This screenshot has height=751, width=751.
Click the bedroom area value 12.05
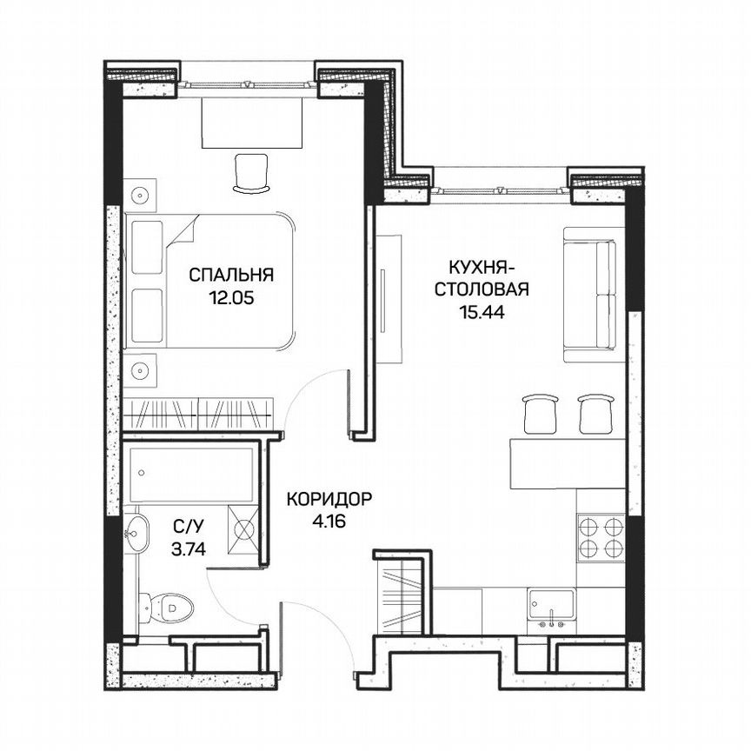pos(231,296)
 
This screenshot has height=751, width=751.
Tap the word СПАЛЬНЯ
pos(231,276)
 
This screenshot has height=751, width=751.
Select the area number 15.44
pos(482,309)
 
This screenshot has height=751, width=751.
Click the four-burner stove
pos(601,537)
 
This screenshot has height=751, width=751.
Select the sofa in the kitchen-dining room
pos(593,295)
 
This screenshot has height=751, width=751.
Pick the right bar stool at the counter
pos(595,413)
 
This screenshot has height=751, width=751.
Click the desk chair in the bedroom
pos(252,171)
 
